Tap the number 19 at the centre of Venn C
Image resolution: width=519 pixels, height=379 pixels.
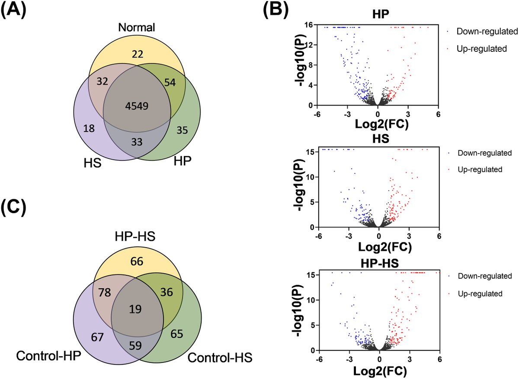(x=138, y=309)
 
